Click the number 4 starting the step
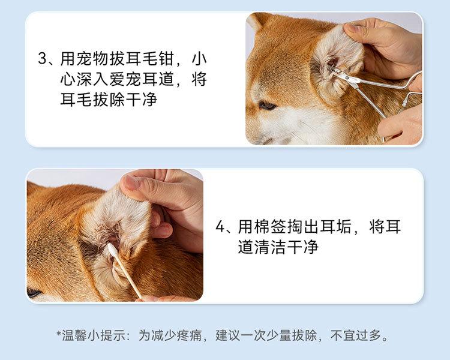(220, 227)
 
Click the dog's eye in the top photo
(267, 106)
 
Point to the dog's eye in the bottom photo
(34, 292)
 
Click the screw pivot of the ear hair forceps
(347, 77)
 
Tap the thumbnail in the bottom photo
(131, 182)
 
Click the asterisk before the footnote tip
(59, 334)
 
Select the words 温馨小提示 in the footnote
(94, 335)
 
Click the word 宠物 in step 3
(92, 59)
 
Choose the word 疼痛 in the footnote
(189, 335)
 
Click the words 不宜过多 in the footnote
(356, 335)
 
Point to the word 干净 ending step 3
(141, 100)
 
